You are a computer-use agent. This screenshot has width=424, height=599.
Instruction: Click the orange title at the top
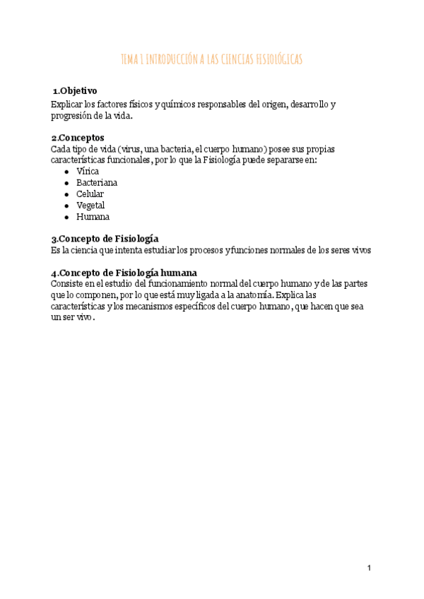click(212, 60)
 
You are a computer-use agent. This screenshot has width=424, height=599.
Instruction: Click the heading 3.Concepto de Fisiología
click(105, 239)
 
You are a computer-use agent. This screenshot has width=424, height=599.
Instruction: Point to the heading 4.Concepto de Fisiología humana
click(124, 273)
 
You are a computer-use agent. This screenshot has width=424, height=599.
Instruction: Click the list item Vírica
click(88, 172)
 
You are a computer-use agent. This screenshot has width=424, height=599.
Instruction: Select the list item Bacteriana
click(97, 183)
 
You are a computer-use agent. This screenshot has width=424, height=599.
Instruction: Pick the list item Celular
click(90, 194)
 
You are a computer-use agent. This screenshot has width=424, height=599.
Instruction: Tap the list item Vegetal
click(91, 206)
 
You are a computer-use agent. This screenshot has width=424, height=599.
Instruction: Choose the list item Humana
click(93, 217)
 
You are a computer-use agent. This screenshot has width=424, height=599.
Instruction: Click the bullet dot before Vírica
click(66, 172)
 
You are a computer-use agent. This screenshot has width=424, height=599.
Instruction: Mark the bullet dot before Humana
click(66, 217)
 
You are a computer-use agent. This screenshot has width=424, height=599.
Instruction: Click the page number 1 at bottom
click(369, 568)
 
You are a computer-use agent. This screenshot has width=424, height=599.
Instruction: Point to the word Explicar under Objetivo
click(67, 105)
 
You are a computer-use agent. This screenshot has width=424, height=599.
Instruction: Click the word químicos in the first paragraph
click(186, 105)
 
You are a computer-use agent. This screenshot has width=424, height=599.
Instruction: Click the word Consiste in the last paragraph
click(68, 283)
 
